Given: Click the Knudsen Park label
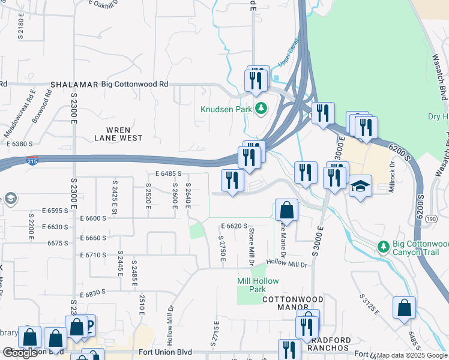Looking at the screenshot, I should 225,109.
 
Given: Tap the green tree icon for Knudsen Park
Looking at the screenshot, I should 261,109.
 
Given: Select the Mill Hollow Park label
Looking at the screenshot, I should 252,285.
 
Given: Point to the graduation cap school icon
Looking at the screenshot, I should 361,187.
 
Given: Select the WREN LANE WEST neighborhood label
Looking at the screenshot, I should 118,134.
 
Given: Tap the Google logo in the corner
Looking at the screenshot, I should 20,353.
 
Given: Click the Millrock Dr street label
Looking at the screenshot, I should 392,173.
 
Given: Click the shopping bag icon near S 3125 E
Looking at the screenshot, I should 405,307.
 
